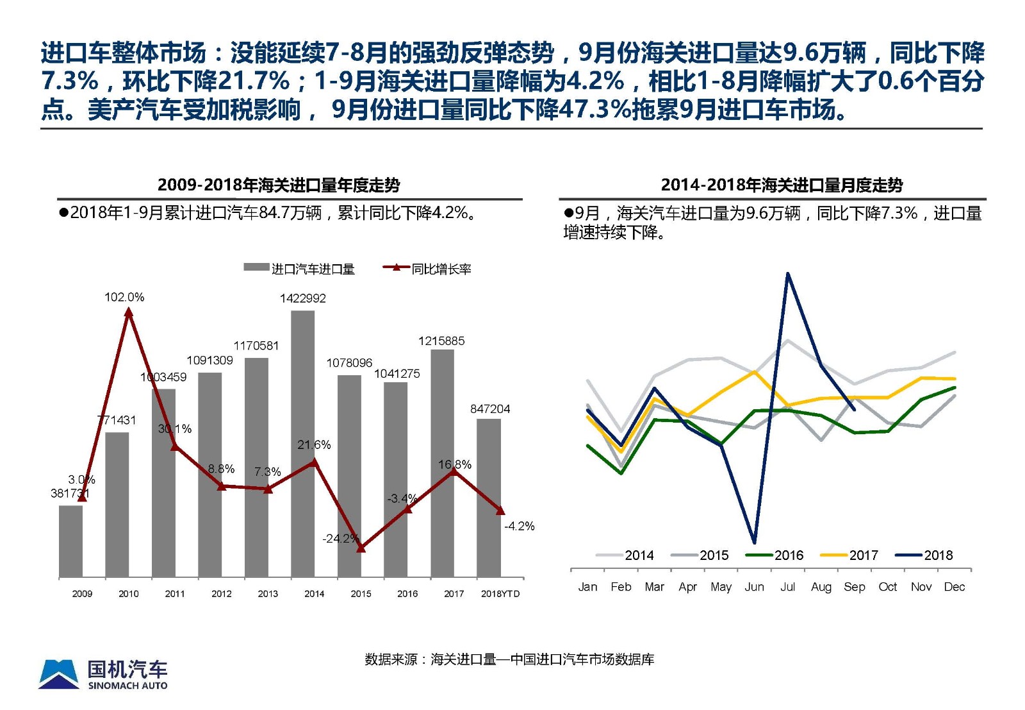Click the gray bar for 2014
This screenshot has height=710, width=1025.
(302, 443)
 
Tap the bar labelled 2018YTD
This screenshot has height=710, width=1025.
(488, 497)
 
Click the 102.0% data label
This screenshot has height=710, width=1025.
(124, 297)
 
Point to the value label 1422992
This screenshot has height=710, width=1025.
(302, 298)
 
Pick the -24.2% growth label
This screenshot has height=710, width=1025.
(340, 538)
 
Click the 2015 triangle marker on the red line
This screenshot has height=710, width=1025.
(361, 548)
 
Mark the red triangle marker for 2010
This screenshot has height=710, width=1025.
(129, 312)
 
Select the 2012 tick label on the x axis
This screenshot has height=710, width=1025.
(221, 594)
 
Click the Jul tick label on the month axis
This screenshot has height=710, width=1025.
(787, 587)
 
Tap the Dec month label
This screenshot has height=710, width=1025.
(954, 587)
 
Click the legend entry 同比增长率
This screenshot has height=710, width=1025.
(427, 269)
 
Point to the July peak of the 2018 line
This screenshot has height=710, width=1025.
(787, 275)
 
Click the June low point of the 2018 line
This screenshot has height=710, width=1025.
(755, 542)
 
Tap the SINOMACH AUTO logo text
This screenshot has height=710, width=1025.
(127, 686)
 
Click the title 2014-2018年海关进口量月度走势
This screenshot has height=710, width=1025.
(782, 185)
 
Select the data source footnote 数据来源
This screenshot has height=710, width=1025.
(509, 659)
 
